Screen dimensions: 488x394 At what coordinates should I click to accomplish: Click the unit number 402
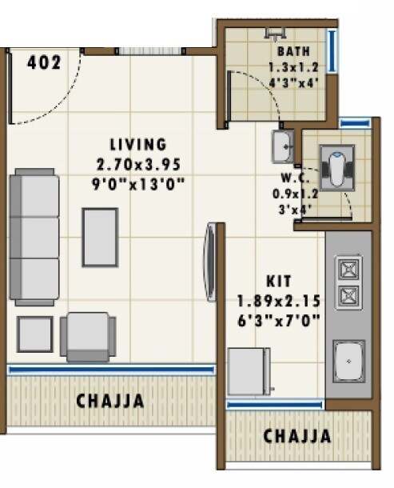tap(44, 63)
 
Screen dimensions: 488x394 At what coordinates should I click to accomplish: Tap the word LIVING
tap(139, 145)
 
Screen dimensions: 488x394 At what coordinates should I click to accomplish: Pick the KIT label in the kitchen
tap(279, 282)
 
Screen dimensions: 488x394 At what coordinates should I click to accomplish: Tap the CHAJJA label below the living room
tap(110, 402)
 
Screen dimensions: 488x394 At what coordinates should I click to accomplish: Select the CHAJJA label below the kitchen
tap(297, 437)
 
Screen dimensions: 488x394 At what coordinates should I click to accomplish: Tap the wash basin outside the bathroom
tap(281, 146)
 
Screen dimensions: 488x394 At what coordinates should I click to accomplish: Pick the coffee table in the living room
tap(100, 237)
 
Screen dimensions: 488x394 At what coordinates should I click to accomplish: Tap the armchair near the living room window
tap(88, 336)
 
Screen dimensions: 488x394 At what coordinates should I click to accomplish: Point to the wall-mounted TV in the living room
tap(211, 262)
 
